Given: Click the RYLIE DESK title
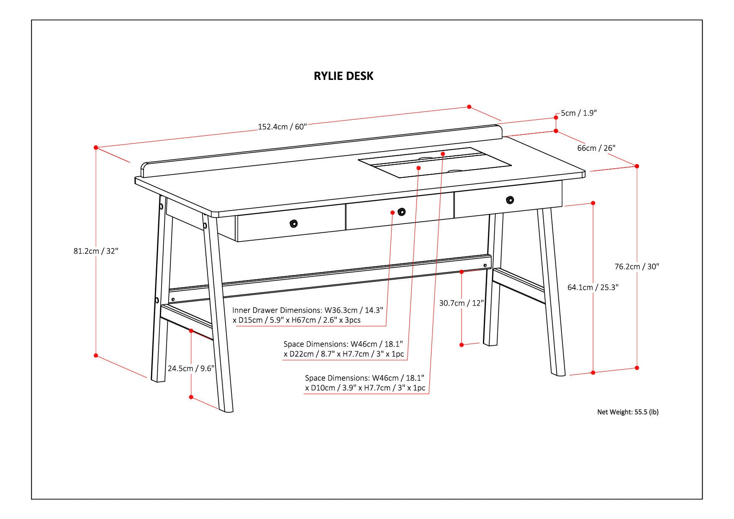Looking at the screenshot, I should pyautogui.click(x=344, y=76).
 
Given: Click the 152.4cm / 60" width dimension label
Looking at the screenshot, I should pyautogui.click(x=282, y=126).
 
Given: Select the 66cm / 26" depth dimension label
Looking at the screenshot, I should pyautogui.click(x=596, y=148).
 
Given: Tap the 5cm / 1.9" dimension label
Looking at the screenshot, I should pyautogui.click(x=579, y=113).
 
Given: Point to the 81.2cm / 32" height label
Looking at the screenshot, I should pyautogui.click(x=96, y=251).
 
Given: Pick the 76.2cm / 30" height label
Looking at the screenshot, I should pyautogui.click(x=636, y=267).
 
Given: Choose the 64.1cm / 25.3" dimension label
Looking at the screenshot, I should pyautogui.click(x=593, y=288).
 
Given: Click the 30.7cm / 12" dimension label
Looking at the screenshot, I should pyautogui.click(x=461, y=303).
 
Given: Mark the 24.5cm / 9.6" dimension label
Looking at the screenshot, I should pyautogui.click(x=191, y=369).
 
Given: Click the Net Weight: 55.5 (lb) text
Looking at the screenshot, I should pyautogui.click(x=628, y=412).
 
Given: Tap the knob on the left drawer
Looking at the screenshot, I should pyautogui.click(x=294, y=224).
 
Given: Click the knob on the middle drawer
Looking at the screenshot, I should pyautogui.click(x=402, y=211).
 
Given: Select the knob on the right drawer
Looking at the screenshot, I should pyautogui.click(x=510, y=200).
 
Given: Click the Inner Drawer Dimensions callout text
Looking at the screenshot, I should pyautogui.click(x=308, y=315).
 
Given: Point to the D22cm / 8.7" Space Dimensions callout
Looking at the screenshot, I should pyautogui.click(x=344, y=349).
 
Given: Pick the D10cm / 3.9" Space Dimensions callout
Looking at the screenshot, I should pyautogui.click(x=365, y=383).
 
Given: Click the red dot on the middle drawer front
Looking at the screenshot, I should pyautogui.click(x=393, y=213).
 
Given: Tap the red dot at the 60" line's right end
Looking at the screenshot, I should pyautogui.click(x=469, y=107).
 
